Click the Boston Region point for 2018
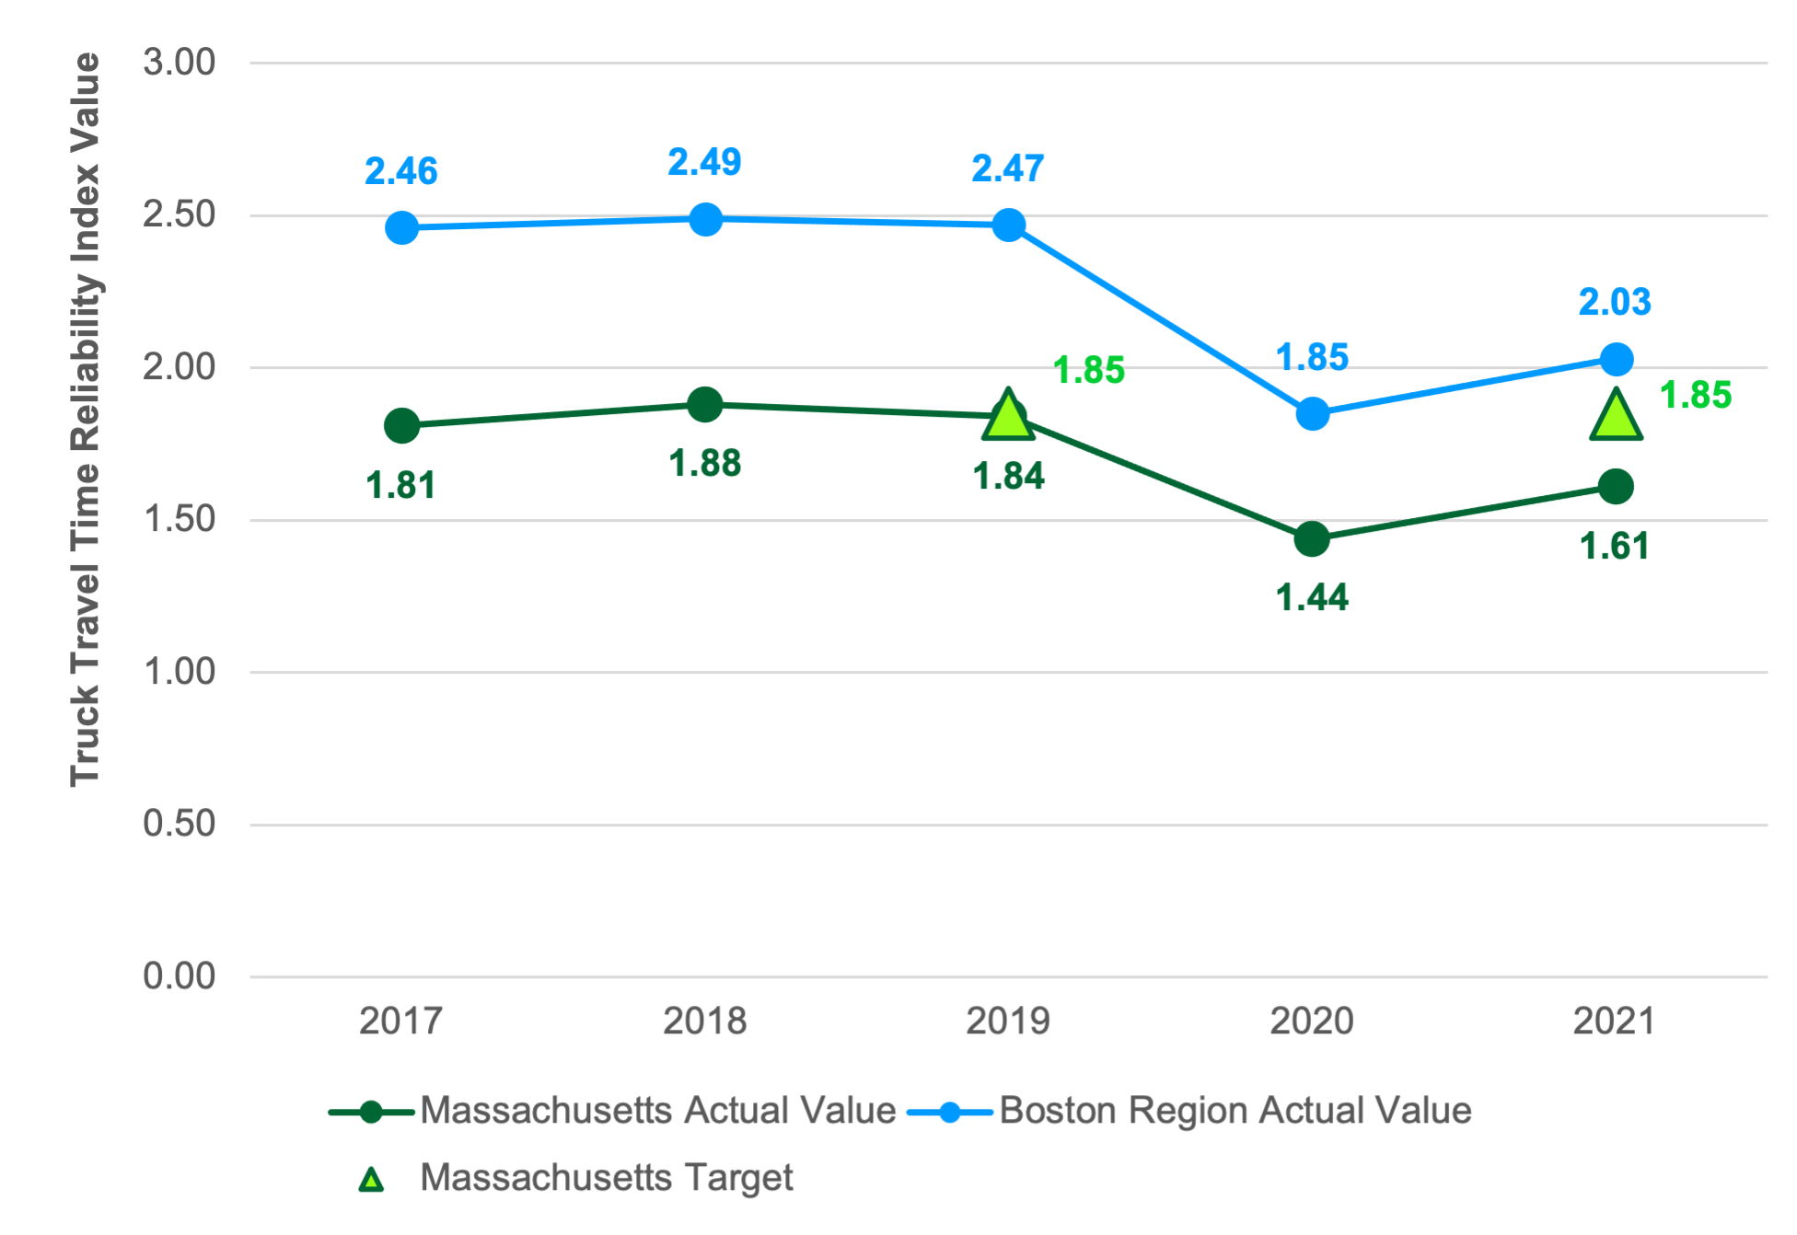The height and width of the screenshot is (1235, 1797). point(705,219)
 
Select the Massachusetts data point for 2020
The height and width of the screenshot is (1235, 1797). point(1312,538)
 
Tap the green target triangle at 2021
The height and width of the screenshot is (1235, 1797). point(1616,416)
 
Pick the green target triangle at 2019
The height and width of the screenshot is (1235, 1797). point(1008,415)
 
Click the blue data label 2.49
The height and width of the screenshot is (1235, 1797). point(704,162)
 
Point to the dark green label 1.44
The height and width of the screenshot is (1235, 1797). point(1312,598)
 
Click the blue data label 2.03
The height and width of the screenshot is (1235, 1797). point(1615,302)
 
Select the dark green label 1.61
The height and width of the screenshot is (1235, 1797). point(1615,547)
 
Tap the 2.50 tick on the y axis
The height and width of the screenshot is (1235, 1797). point(179,214)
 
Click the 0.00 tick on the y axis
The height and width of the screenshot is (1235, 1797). point(179,975)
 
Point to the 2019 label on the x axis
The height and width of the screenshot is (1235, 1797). point(1008,1021)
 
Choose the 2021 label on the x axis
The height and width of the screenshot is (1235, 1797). point(1615,1021)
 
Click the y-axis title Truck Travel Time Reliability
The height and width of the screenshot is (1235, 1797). point(86,419)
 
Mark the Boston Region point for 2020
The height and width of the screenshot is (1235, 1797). point(1312,413)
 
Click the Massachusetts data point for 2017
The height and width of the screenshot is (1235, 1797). point(401,425)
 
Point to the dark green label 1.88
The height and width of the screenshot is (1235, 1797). point(705,463)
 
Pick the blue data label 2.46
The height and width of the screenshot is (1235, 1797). point(401,171)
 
